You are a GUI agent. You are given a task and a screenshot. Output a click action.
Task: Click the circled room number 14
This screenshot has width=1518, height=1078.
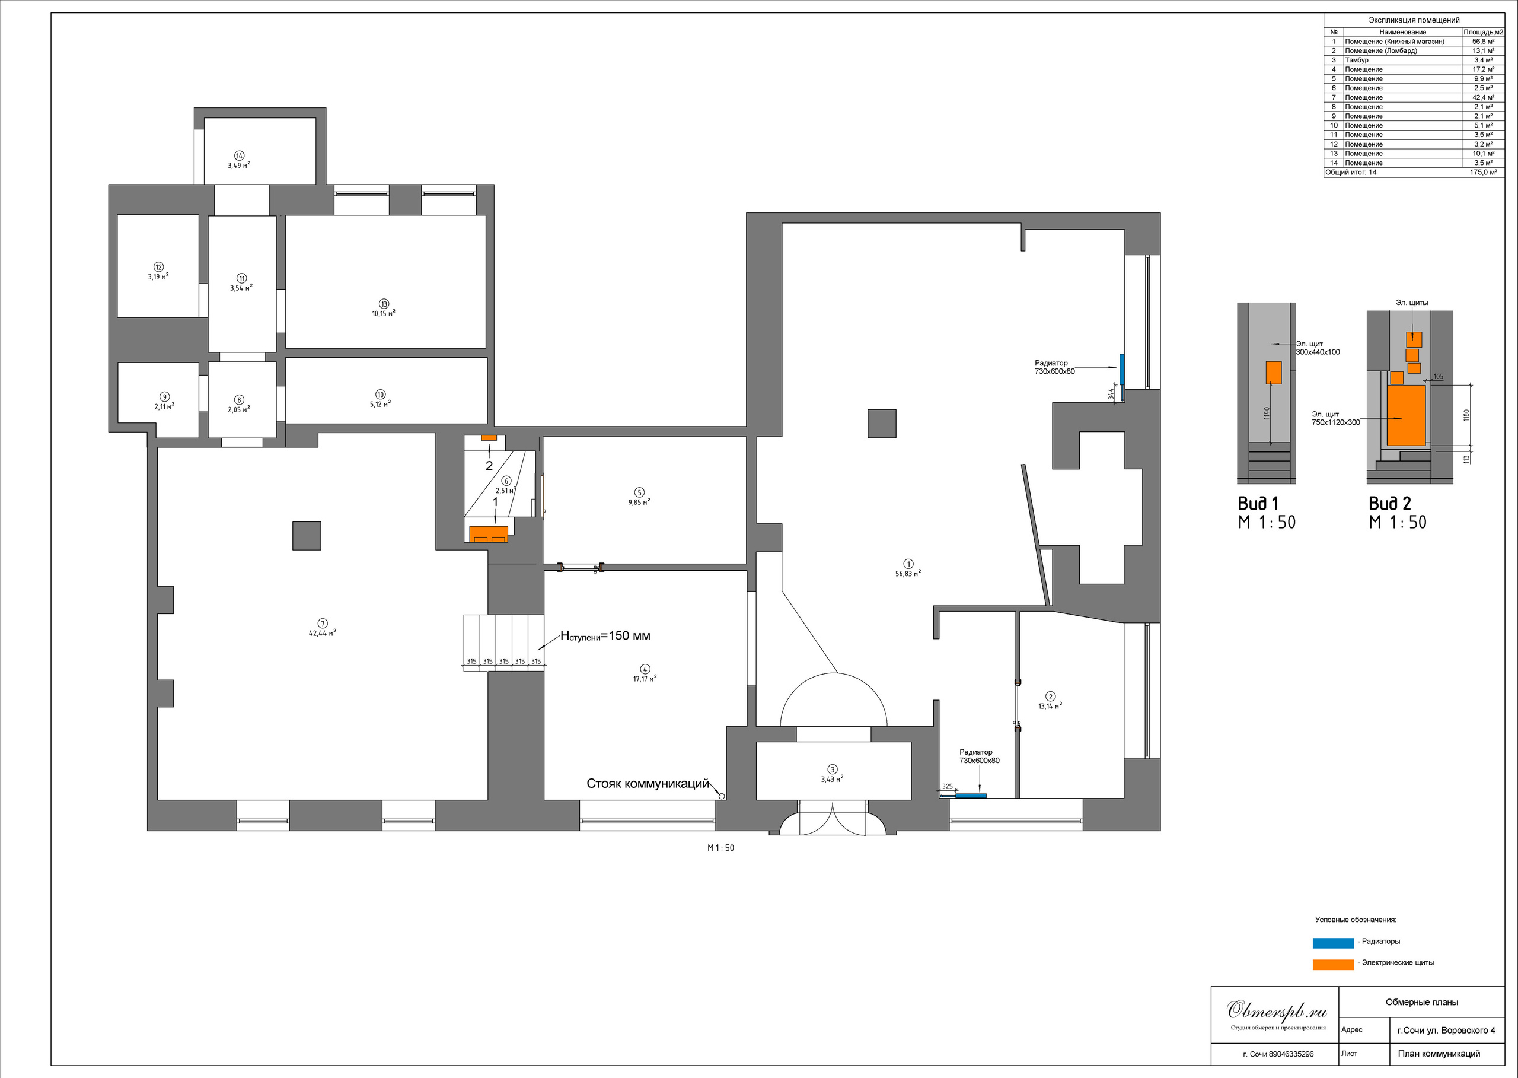pos(240,155)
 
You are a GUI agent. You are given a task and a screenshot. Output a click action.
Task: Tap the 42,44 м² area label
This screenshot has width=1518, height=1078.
pos(323,633)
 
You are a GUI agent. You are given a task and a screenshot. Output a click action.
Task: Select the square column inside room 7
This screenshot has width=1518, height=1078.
pos(307,536)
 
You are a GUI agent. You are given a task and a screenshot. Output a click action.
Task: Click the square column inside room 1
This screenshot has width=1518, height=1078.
pos(882,424)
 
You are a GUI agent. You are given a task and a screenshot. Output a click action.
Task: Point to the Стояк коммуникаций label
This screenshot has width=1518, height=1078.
pos(648,783)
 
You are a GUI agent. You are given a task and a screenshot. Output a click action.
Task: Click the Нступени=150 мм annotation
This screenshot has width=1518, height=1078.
pos(605,636)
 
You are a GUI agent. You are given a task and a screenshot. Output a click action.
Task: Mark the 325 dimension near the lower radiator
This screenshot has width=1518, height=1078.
pos(948,787)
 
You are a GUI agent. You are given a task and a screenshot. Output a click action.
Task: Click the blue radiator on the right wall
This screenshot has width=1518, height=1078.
pos(1122,369)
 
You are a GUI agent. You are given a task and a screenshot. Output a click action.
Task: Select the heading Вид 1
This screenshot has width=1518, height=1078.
pos(1258,504)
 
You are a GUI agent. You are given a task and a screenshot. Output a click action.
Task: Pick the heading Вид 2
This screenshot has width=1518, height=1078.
pos(1390,504)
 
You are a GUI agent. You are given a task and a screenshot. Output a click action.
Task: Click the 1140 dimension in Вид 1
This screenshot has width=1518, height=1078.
pos(1267,413)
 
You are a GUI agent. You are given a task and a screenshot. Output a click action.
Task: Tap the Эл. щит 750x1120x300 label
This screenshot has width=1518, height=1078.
pos(1335,418)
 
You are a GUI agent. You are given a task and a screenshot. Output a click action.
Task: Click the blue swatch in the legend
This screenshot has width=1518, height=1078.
pos(1333,943)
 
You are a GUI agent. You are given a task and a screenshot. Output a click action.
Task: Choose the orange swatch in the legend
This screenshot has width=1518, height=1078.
pos(1333,965)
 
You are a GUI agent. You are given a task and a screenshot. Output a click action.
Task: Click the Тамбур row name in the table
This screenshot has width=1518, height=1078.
pos(1357,60)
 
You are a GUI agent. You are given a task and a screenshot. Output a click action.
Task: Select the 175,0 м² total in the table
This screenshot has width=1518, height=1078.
pos(1484,172)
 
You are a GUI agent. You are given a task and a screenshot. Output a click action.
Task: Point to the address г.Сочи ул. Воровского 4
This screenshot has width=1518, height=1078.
pos(1446,1030)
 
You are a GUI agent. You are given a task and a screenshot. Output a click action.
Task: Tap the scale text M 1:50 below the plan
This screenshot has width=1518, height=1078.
pos(720,848)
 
